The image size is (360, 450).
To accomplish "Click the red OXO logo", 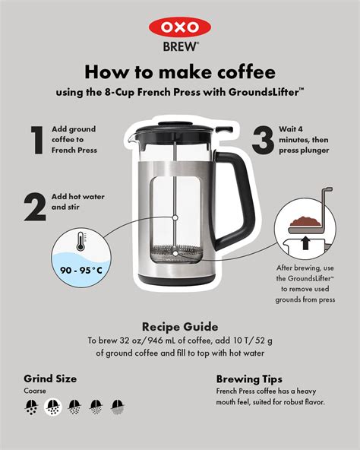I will [x=179, y=27].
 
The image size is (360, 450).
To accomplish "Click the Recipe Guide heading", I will [x=179, y=326].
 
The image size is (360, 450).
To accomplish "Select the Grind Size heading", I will [x=50, y=378].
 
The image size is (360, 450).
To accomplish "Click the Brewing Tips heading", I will [x=249, y=378].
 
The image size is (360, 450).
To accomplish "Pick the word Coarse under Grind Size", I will [x=35, y=391].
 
